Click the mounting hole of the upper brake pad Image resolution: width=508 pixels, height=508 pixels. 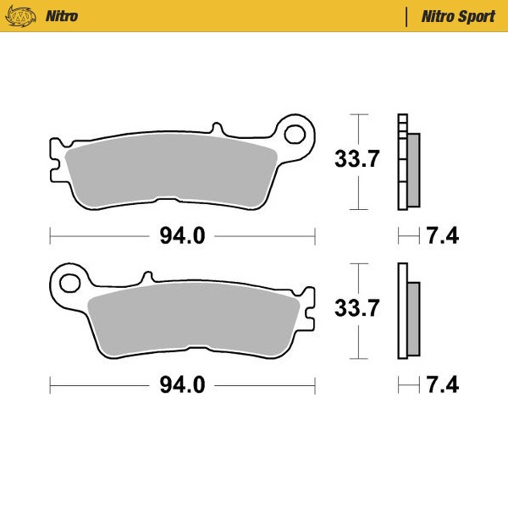pyautogui.click(x=295, y=134)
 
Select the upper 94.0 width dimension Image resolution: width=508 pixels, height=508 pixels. pyautogui.click(x=182, y=236)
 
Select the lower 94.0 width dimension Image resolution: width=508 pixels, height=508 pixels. pyautogui.click(x=182, y=385)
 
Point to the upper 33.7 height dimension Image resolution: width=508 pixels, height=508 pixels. pyautogui.click(x=355, y=159)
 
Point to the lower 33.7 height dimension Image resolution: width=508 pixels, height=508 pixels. pyautogui.click(x=355, y=308)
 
